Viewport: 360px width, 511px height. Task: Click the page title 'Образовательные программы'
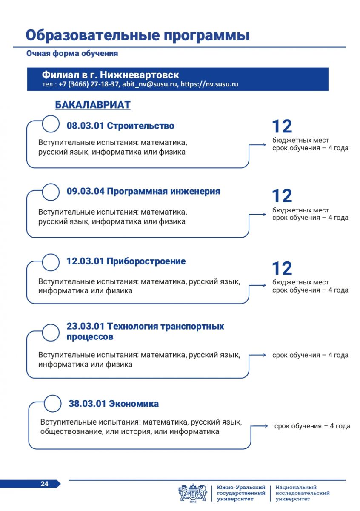(137, 35)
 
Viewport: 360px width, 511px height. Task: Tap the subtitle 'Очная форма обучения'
(72, 54)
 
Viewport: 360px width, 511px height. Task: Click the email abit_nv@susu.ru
(149, 84)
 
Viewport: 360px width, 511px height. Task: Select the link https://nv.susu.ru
(209, 84)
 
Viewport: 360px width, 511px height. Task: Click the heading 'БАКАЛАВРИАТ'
(93, 105)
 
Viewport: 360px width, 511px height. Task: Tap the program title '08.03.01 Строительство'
(120, 126)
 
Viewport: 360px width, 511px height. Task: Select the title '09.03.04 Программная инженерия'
(143, 191)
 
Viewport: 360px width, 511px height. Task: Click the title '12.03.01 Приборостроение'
(126, 261)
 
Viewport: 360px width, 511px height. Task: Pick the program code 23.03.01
(85, 327)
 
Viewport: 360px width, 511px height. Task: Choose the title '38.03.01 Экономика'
(114, 404)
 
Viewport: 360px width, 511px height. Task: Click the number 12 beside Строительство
(282, 126)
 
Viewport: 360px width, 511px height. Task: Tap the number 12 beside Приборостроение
(282, 268)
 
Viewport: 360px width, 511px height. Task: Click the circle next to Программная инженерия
(51, 192)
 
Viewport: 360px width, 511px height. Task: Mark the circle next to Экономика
(53, 404)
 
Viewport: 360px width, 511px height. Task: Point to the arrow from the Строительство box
(257, 145)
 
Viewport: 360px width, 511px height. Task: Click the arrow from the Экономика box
(259, 425)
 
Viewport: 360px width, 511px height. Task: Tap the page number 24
(44, 484)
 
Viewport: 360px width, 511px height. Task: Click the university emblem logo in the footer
(193, 493)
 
